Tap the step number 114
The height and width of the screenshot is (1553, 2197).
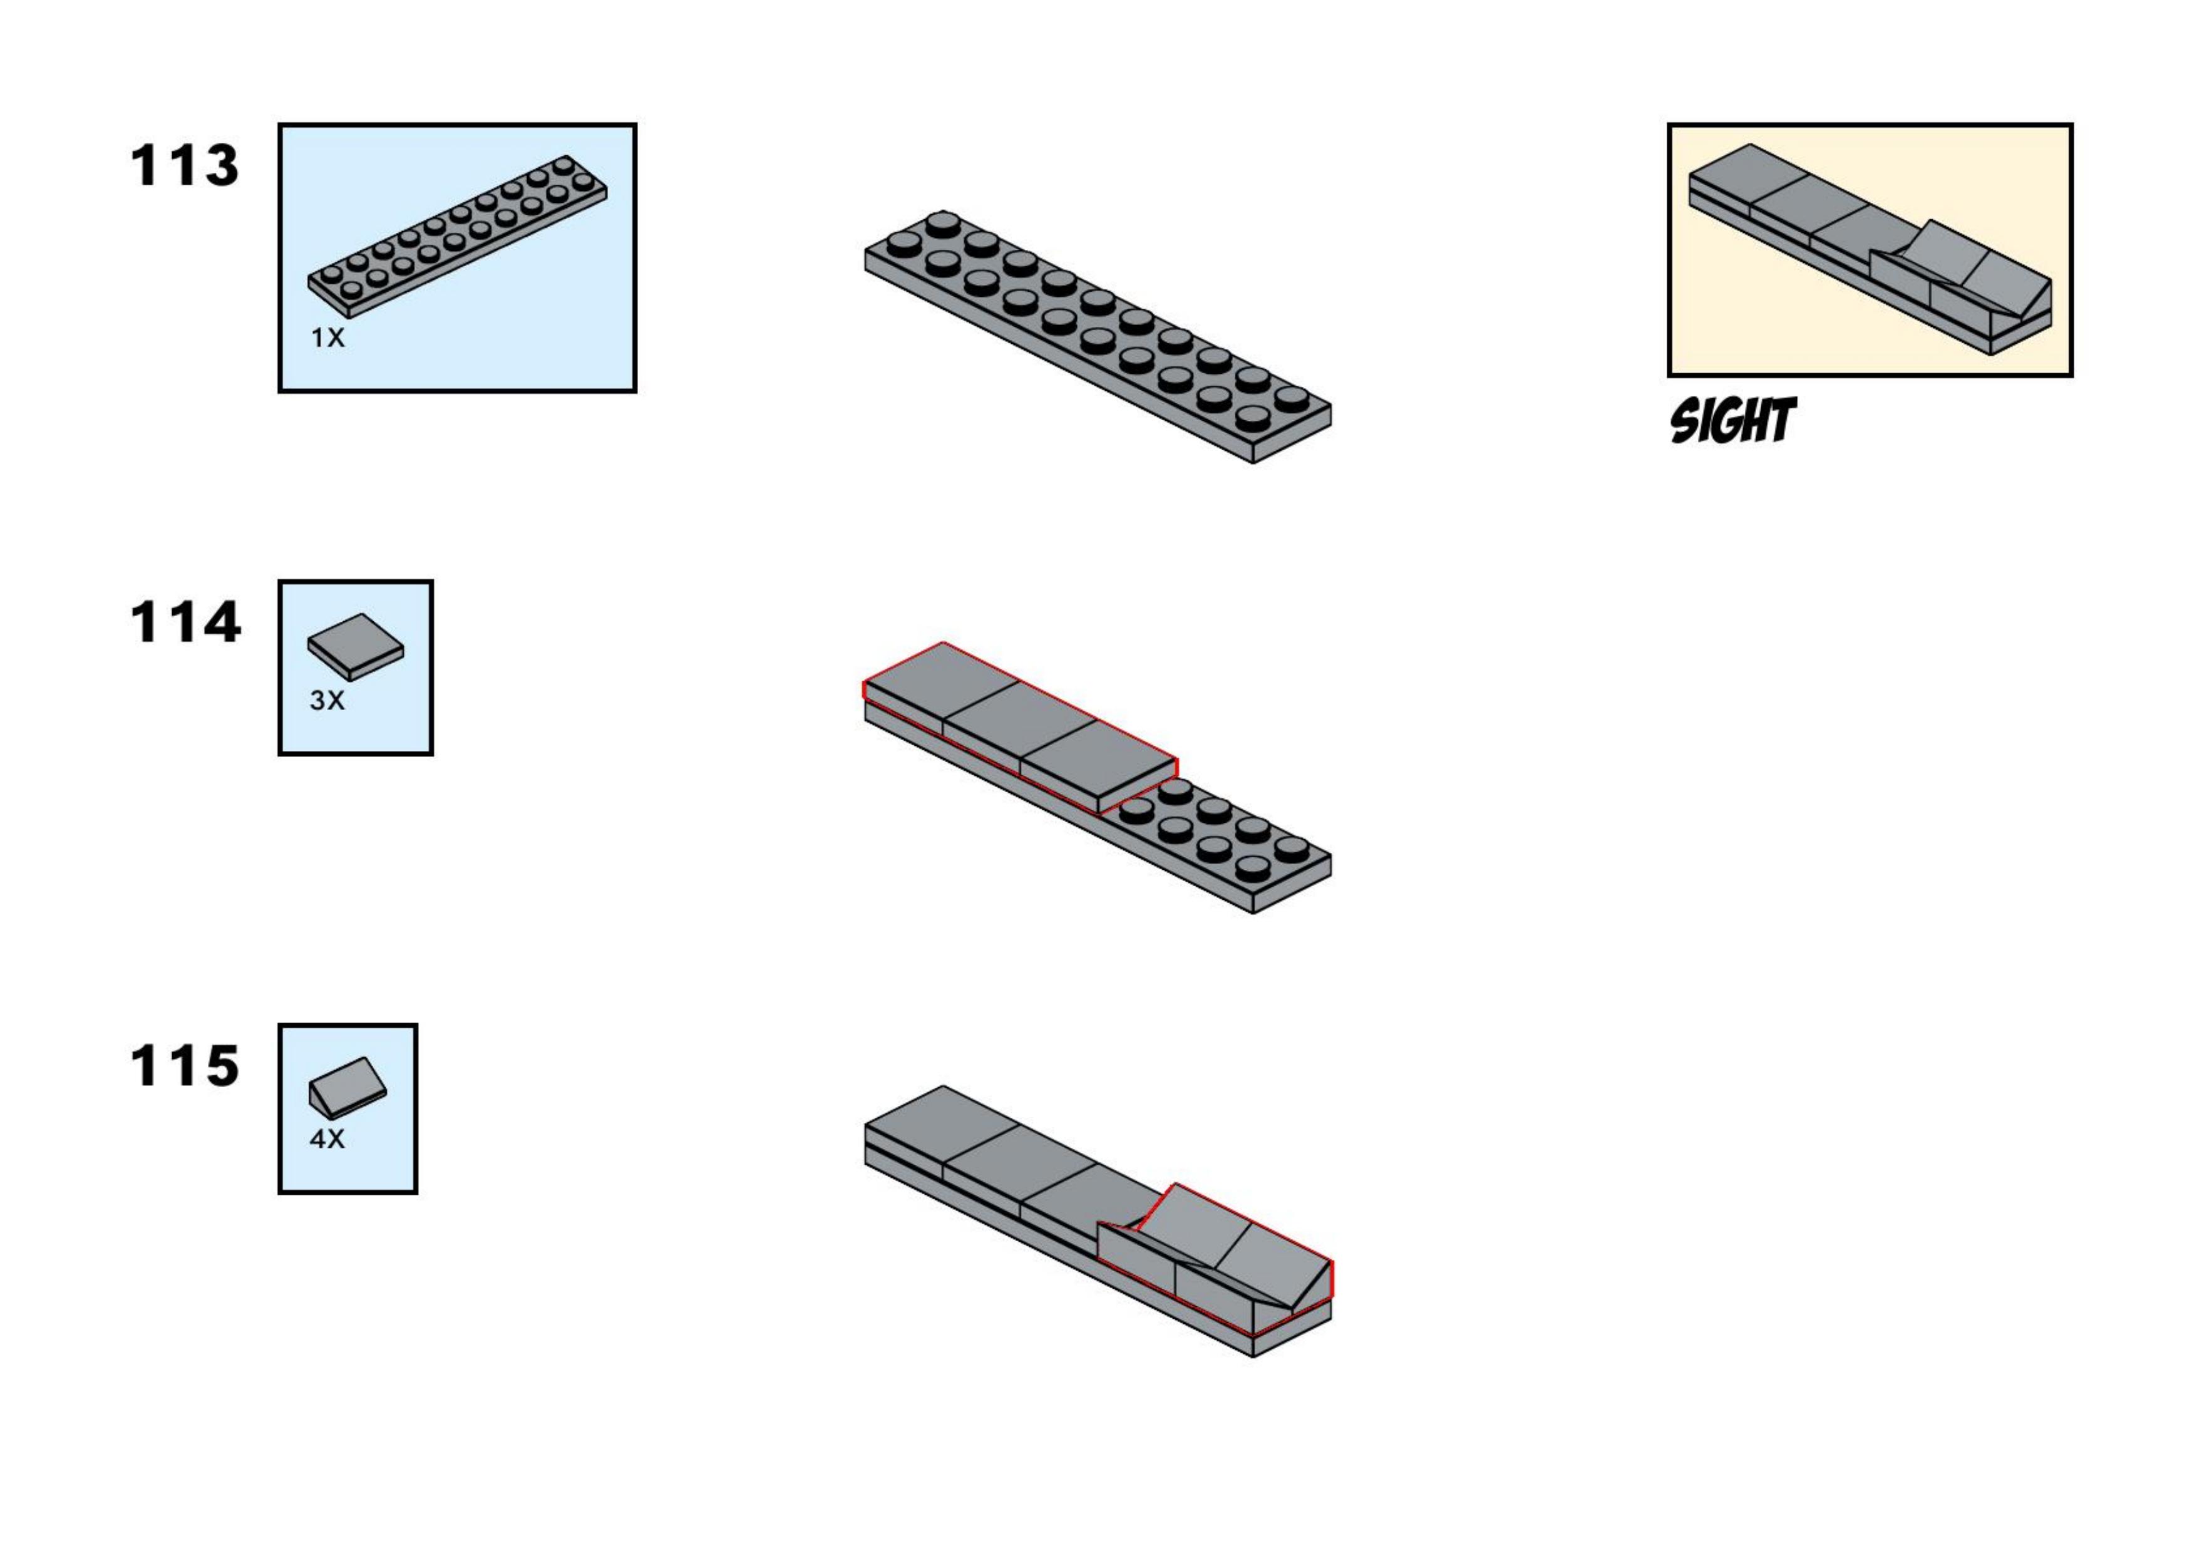pos(185,623)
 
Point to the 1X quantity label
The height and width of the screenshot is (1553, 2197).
pos(327,338)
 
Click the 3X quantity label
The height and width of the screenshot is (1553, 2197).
pos(326,701)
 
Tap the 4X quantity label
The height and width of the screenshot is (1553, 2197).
pos(326,1138)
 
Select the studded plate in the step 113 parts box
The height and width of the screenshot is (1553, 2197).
pos(458,236)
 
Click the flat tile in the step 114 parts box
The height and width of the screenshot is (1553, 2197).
pos(355,647)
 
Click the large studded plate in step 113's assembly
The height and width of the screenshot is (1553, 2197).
pos(1098,337)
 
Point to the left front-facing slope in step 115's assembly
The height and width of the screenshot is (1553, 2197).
pos(1137,1254)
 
